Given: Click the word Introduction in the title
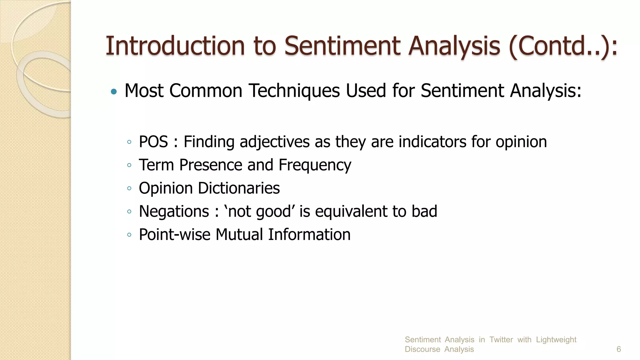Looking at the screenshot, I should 175,46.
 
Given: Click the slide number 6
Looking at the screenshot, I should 618,349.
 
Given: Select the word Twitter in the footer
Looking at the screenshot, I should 501,339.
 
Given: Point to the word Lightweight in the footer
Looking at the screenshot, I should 556,339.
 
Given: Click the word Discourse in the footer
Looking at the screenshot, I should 422,349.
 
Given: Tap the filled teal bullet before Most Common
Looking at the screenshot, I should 114,92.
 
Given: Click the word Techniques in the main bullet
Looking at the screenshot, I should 294,91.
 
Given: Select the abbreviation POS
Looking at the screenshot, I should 153,142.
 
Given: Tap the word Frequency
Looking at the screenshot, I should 315,165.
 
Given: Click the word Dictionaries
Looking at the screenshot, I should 239,188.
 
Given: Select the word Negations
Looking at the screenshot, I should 174,211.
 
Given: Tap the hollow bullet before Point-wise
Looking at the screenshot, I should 129,235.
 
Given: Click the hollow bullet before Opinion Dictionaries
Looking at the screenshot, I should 129,188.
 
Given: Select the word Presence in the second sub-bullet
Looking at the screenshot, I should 211,165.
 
